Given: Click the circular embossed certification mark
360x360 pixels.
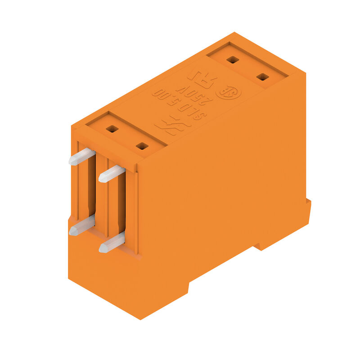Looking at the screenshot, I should pyautogui.click(x=229, y=93).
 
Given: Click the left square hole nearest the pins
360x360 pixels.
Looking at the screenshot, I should pyautogui.click(x=112, y=129).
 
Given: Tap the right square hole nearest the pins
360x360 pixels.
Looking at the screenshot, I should pyautogui.click(x=142, y=146).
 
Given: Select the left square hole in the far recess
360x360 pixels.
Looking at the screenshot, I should pyautogui.click(x=232, y=59).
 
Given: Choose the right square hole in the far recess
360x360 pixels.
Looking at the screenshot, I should pyautogui.click(x=262, y=77).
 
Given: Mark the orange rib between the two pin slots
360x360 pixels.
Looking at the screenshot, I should pyautogui.click(x=103, y=198).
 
